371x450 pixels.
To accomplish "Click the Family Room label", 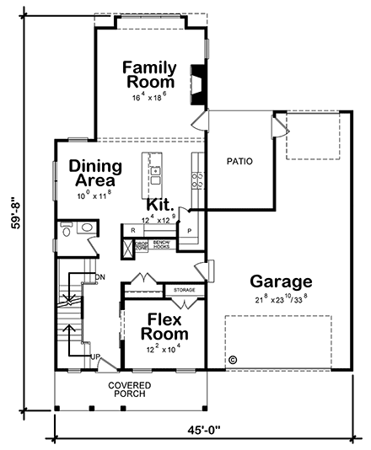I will coord(150,74).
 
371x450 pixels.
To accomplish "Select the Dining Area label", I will coord(95,173).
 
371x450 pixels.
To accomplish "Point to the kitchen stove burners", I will coord(196,179).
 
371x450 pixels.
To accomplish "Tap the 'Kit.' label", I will coord(160,205).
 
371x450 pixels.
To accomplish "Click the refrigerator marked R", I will coord(132,229).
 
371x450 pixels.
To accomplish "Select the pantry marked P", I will coord(189,230).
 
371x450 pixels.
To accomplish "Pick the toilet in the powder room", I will coord(67,228).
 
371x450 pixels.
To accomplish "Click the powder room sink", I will coord(85,228).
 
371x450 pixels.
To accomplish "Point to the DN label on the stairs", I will coord(99,276).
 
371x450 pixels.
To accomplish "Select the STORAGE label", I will coord(184,290).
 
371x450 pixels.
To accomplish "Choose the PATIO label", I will coord(240,160).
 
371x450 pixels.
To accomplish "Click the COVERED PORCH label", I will coord(128,391).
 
